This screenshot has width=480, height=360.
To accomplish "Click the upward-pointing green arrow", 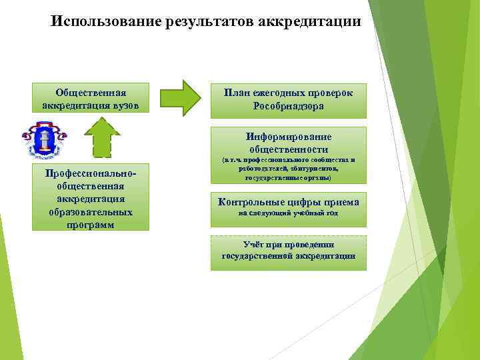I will point(102,137).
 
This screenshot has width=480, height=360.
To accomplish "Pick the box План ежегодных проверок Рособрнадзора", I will point(289,100).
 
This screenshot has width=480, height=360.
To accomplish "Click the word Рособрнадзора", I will point(289,107).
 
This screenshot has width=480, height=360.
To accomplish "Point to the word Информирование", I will point(289,137).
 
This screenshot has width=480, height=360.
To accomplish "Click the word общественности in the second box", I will point(289,149).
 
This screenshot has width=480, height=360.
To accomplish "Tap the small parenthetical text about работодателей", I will point(289,169).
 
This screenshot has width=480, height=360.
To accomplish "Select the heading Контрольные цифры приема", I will point(289,202).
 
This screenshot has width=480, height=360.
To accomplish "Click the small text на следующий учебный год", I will point(289,213).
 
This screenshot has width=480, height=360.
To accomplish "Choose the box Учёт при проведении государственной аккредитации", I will point(289,252).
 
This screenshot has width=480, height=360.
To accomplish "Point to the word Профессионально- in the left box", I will point(91,173).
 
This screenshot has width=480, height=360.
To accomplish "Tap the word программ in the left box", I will point(91,225).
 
